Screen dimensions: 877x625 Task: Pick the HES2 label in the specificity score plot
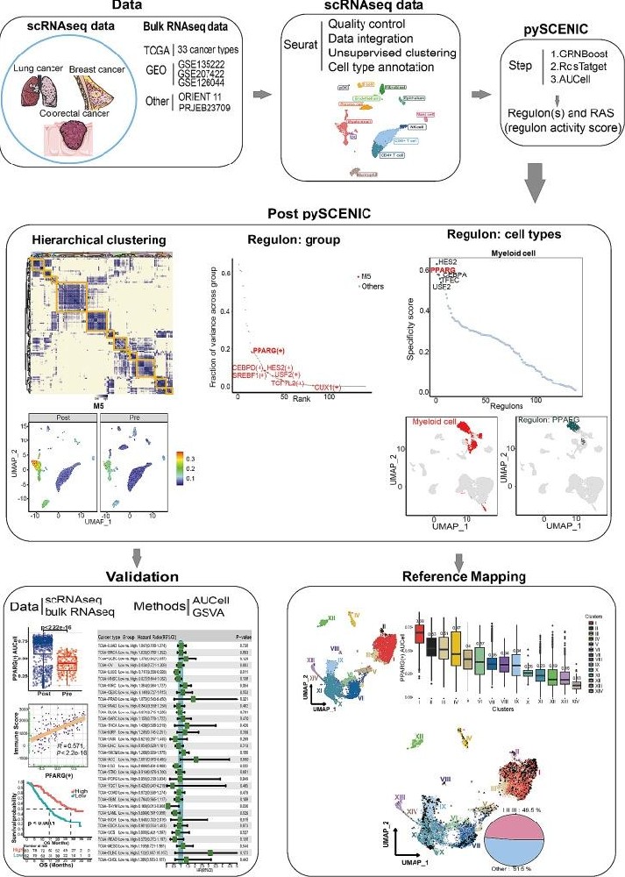(448, 261)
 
